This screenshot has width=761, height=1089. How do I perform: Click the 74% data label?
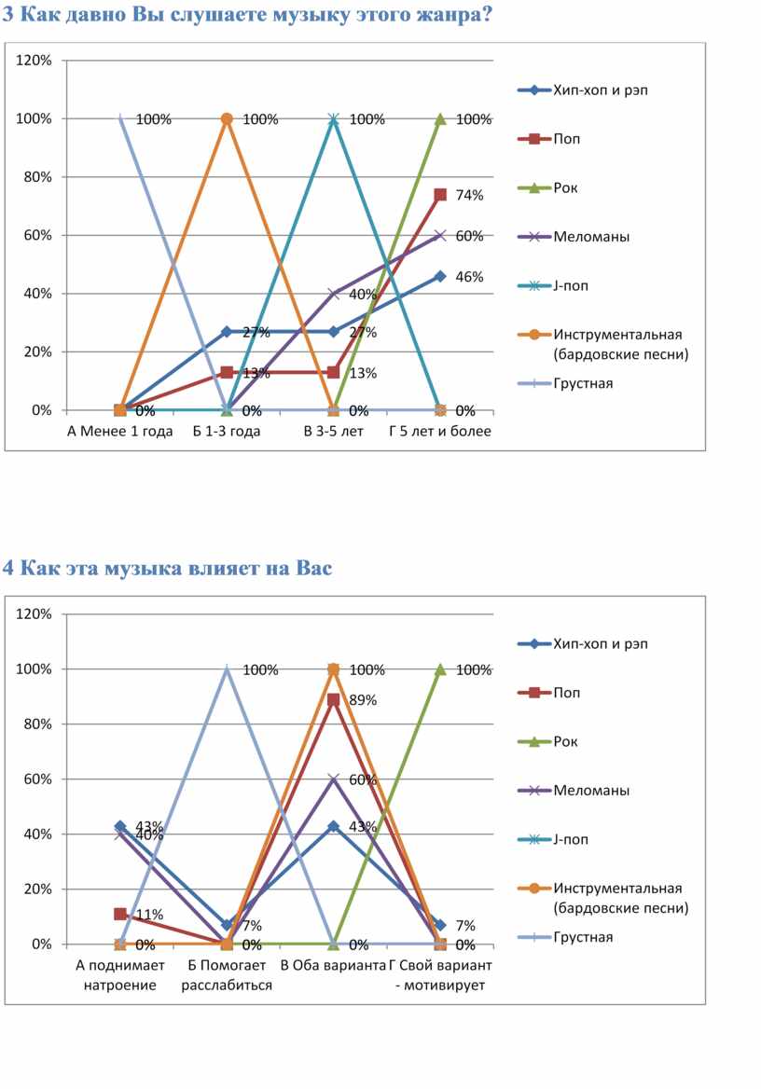470,196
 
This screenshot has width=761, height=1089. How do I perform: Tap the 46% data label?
470,277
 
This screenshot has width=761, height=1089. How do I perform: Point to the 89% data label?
363,700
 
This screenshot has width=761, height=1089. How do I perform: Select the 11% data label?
149,915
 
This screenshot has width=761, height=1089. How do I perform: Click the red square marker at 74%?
440,195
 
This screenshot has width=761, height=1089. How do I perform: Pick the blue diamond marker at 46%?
440,276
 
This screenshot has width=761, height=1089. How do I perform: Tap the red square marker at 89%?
333,699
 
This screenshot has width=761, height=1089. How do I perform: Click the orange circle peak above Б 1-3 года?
227,118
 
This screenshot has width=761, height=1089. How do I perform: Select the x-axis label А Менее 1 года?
120,432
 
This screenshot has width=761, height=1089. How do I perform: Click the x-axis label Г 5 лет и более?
440,432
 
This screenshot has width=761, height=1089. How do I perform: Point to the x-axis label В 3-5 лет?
334,432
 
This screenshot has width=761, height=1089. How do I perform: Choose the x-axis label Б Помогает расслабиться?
227,975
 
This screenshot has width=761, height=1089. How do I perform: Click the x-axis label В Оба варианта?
333,966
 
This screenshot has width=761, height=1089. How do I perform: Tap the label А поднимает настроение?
120,975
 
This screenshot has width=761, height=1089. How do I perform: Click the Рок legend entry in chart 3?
565,187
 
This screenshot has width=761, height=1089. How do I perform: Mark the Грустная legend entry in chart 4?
583,936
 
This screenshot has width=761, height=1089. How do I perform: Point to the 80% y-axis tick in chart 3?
38,177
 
